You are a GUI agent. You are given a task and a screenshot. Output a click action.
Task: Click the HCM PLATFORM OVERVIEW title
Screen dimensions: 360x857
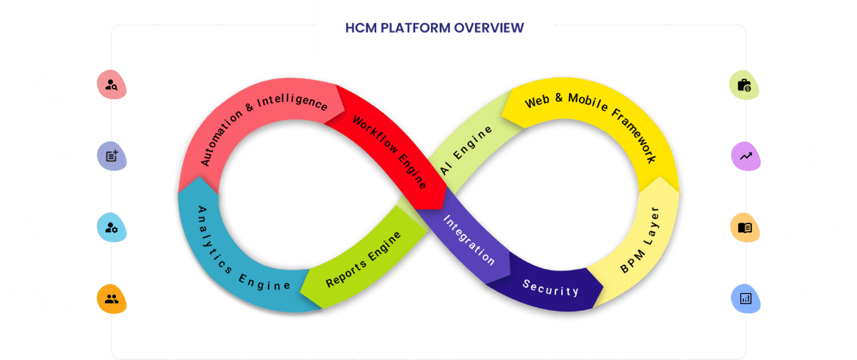[435, 28]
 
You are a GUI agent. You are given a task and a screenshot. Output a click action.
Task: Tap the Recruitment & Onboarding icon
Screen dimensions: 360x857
[112, 85]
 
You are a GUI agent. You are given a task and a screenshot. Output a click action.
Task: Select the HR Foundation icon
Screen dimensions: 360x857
[112, 156]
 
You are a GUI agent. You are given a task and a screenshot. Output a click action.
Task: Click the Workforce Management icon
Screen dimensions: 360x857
[112, 227]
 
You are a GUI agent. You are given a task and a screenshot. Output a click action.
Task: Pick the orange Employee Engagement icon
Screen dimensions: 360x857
[112, 299]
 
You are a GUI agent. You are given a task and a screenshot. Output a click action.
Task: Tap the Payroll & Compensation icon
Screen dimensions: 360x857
[744, 85]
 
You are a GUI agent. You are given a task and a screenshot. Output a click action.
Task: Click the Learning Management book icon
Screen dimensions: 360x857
[745, 227]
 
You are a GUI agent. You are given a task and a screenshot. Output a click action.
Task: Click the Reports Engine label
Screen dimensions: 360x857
[364, 259]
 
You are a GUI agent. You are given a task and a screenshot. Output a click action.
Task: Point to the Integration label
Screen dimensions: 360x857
[469, 238]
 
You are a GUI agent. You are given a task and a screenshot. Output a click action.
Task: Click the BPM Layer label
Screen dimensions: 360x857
[640, 240]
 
